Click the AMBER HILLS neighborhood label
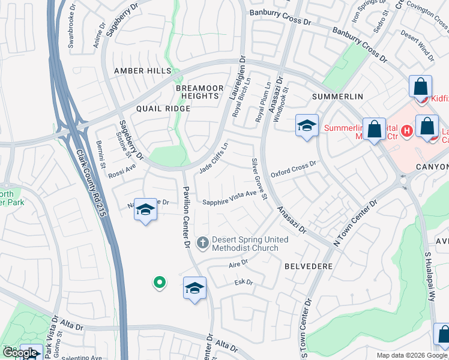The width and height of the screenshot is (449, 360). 142,71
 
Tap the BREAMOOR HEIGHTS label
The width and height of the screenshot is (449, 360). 196,92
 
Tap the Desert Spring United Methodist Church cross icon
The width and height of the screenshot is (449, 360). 203,242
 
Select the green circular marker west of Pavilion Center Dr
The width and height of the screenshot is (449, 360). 159,282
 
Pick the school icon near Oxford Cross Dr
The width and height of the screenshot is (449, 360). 307,126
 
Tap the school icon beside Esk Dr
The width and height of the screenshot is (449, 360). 194,289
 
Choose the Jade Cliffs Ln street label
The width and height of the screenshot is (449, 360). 214,158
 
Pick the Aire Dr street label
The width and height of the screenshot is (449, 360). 238,265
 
